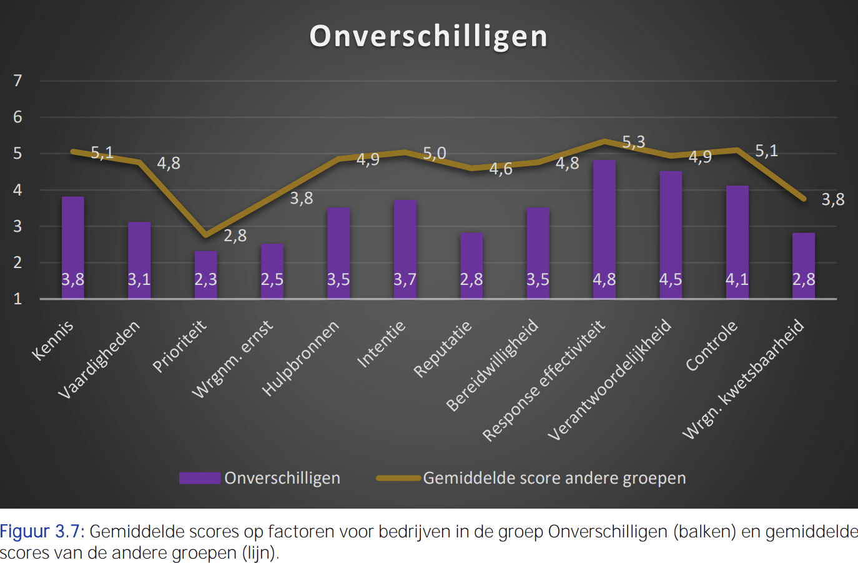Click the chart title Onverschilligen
(x=428, y=37)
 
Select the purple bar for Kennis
(x=73, y=247)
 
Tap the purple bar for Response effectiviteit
(x=604, y=229)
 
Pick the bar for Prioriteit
(x=205, y=275)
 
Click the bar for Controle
(x=737, y=242)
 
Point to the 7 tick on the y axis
(x=17, y=81)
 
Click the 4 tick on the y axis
(x=17, y=190)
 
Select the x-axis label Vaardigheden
(x=99, y=359)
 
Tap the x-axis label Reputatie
(x=442, y=349)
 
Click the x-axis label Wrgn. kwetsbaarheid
(x=743, y=379)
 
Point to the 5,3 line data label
(x=634, y=142)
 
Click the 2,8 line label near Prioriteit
(x=235, y=236)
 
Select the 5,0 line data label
(x=435, y=154)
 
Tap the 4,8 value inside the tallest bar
(x=604, y=280)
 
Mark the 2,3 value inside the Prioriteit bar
(x=205, y=280)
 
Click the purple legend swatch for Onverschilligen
(x=200, y=478)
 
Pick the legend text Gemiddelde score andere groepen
(x=555, y=478)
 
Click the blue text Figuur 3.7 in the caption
(x=42, y=532)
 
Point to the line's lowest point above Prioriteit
(x=205, y=235)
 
